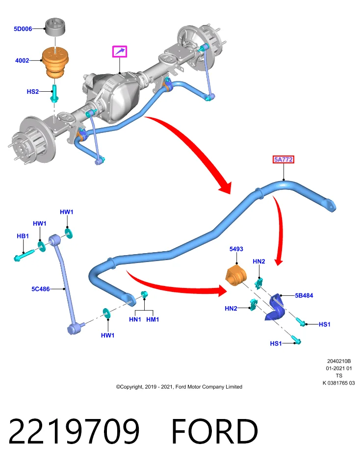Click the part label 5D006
pyautogui.click(x=23, y=29)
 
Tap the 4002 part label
pyautogui.click(x=22, y=60)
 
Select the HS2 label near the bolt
pyautogui.click(x=33, y=92)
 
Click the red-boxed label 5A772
pyautogui.click(x=283, y=159)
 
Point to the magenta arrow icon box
pyautogui.click(x=120, y=52)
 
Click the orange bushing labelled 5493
pyautogui.click(x=236, y=275)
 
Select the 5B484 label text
pyautogui.click(x=304, y=295)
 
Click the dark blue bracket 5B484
pyautogui.click(x=275, y=307)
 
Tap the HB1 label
pyautogui.click(x=23, y=236)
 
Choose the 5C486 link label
pyautogui.click(x=41, y=289)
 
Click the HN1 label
pyautogui.click(x=135, y=319)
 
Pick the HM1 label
pyautogui.click(x=153, y=319)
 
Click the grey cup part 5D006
pyautogui.click(x=55, y=26)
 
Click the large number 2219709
pyautogui.click(x=74, y=431)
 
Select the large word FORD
pyautogui.click(x=215, y=431)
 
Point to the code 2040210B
pyautogui.click(x=339, y=361)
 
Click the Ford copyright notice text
pyautogui.click(x=179, y=387)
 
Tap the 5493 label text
pyautogui.click(x=236, y=249)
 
